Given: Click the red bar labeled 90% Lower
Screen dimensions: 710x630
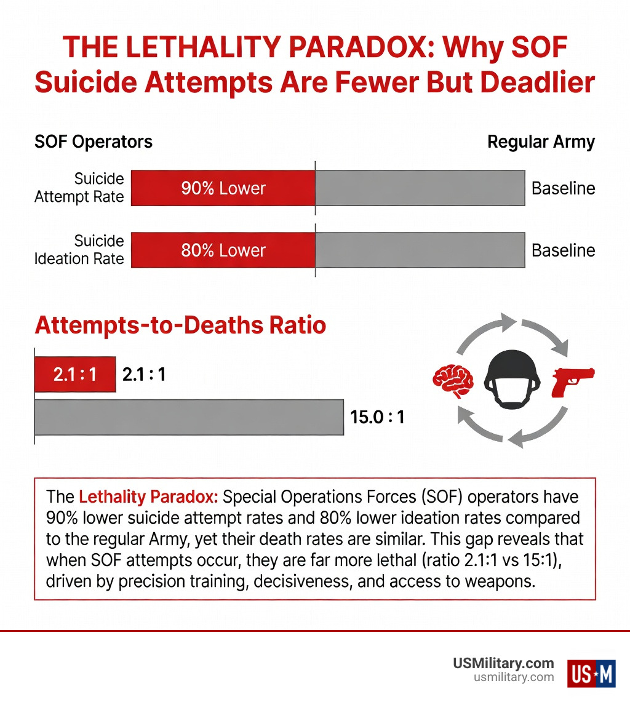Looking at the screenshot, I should [x=223, y=188].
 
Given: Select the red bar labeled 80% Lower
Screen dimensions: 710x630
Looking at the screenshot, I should [x=223, y=250].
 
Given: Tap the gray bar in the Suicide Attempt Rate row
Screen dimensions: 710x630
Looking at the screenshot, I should [x=420, y=188].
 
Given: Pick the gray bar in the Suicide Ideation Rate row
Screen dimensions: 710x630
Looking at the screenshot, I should [x=420, y=250].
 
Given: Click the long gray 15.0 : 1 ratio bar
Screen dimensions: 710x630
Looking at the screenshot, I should [x=188, y=418].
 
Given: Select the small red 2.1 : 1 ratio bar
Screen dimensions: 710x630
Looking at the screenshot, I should [x=75, y=374].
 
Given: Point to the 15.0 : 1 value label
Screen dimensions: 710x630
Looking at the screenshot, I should [x=377, y=418].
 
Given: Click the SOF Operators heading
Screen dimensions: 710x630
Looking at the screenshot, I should [x=93, y=142].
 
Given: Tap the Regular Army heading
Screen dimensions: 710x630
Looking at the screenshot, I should [x=541, y=142].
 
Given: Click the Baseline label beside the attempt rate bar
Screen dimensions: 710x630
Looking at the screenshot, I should [x=563, y=188].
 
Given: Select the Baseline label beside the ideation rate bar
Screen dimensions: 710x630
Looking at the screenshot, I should [x=563, y=250].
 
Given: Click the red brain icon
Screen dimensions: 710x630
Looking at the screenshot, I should [x=453, y=381].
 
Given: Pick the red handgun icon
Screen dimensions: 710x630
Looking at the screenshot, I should [x=573, y=381].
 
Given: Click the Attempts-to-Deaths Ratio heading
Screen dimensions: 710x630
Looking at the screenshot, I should [x=180, y=325].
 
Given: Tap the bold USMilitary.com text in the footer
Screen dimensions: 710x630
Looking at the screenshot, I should [x=503, y=663].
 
